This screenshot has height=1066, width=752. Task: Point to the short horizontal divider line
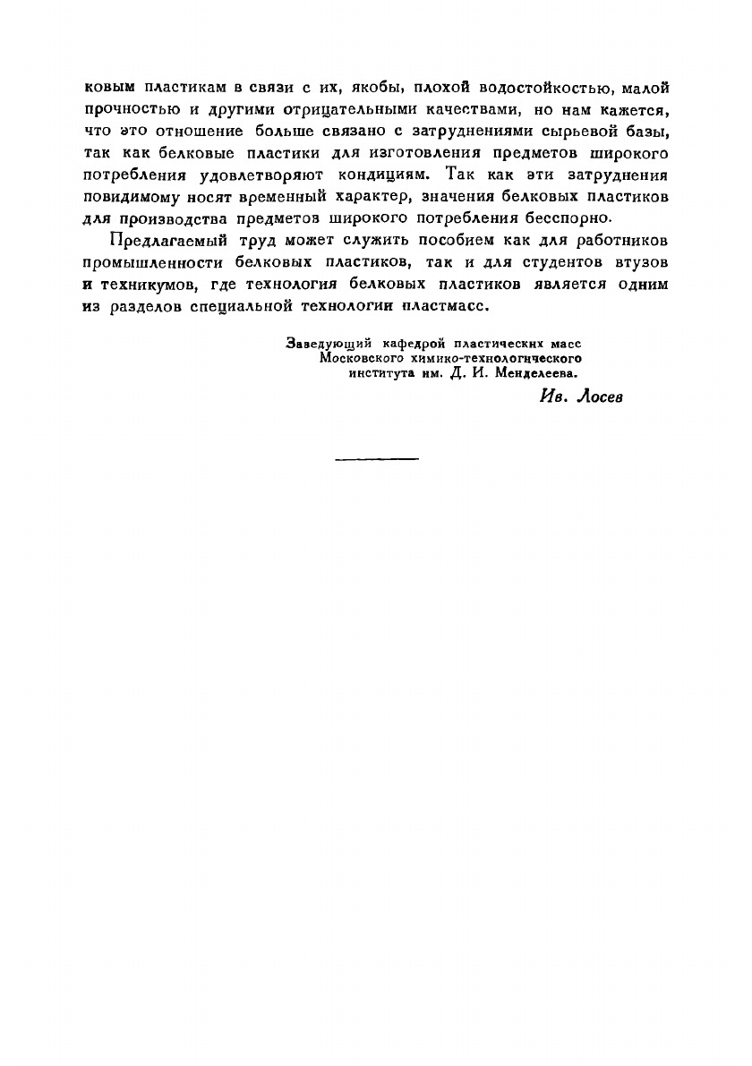(377, 459)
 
